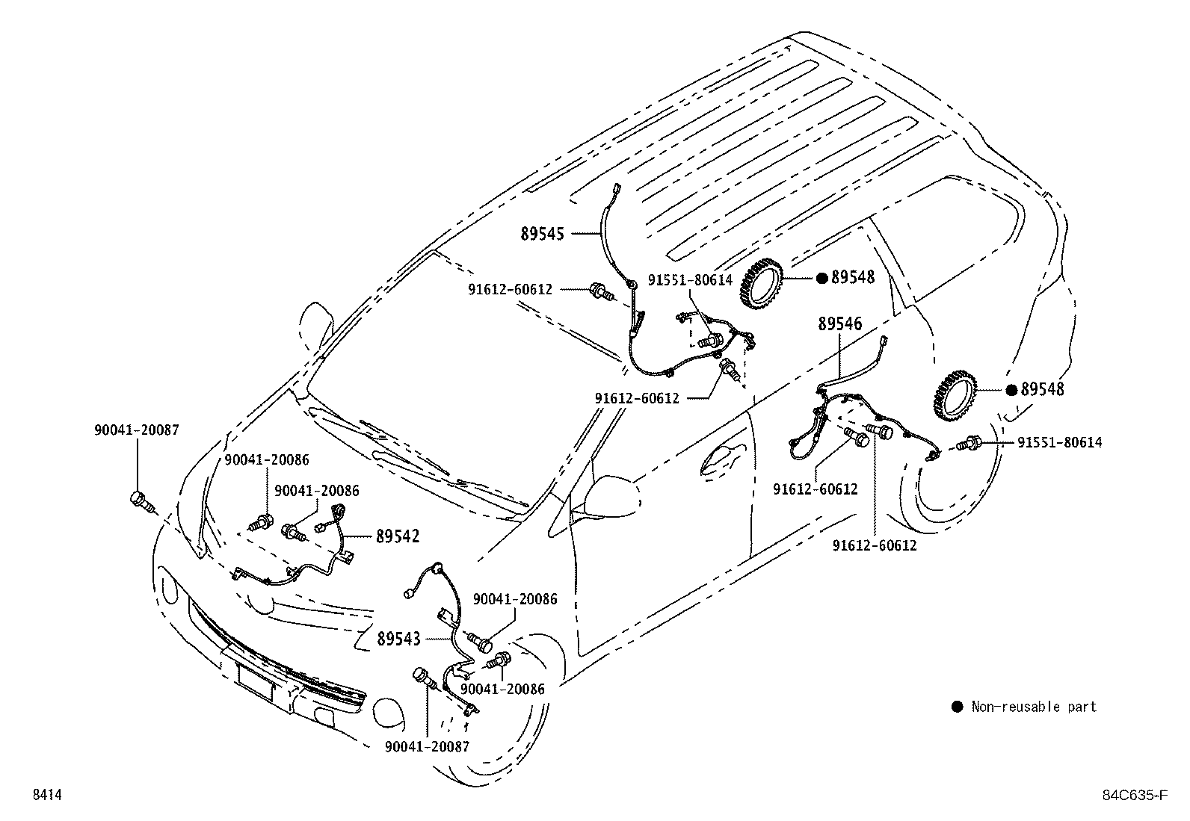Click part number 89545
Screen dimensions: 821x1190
[x=543, y=234]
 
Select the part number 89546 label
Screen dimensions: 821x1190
[x=839, y=324]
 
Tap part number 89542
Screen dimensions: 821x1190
[x=398, y=536]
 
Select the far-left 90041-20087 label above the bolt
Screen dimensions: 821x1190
[x=137, y=430]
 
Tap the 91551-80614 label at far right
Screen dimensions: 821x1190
[x=1059, y=442]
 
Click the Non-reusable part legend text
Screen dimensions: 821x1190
[x=1034, y=707]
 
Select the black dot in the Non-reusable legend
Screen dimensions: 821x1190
[x=957, y=707]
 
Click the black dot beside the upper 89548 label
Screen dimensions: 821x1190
[x=821, y=278]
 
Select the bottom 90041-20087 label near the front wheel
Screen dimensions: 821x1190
[x=428, y=746]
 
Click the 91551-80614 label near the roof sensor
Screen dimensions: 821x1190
[x=690, y=280]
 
